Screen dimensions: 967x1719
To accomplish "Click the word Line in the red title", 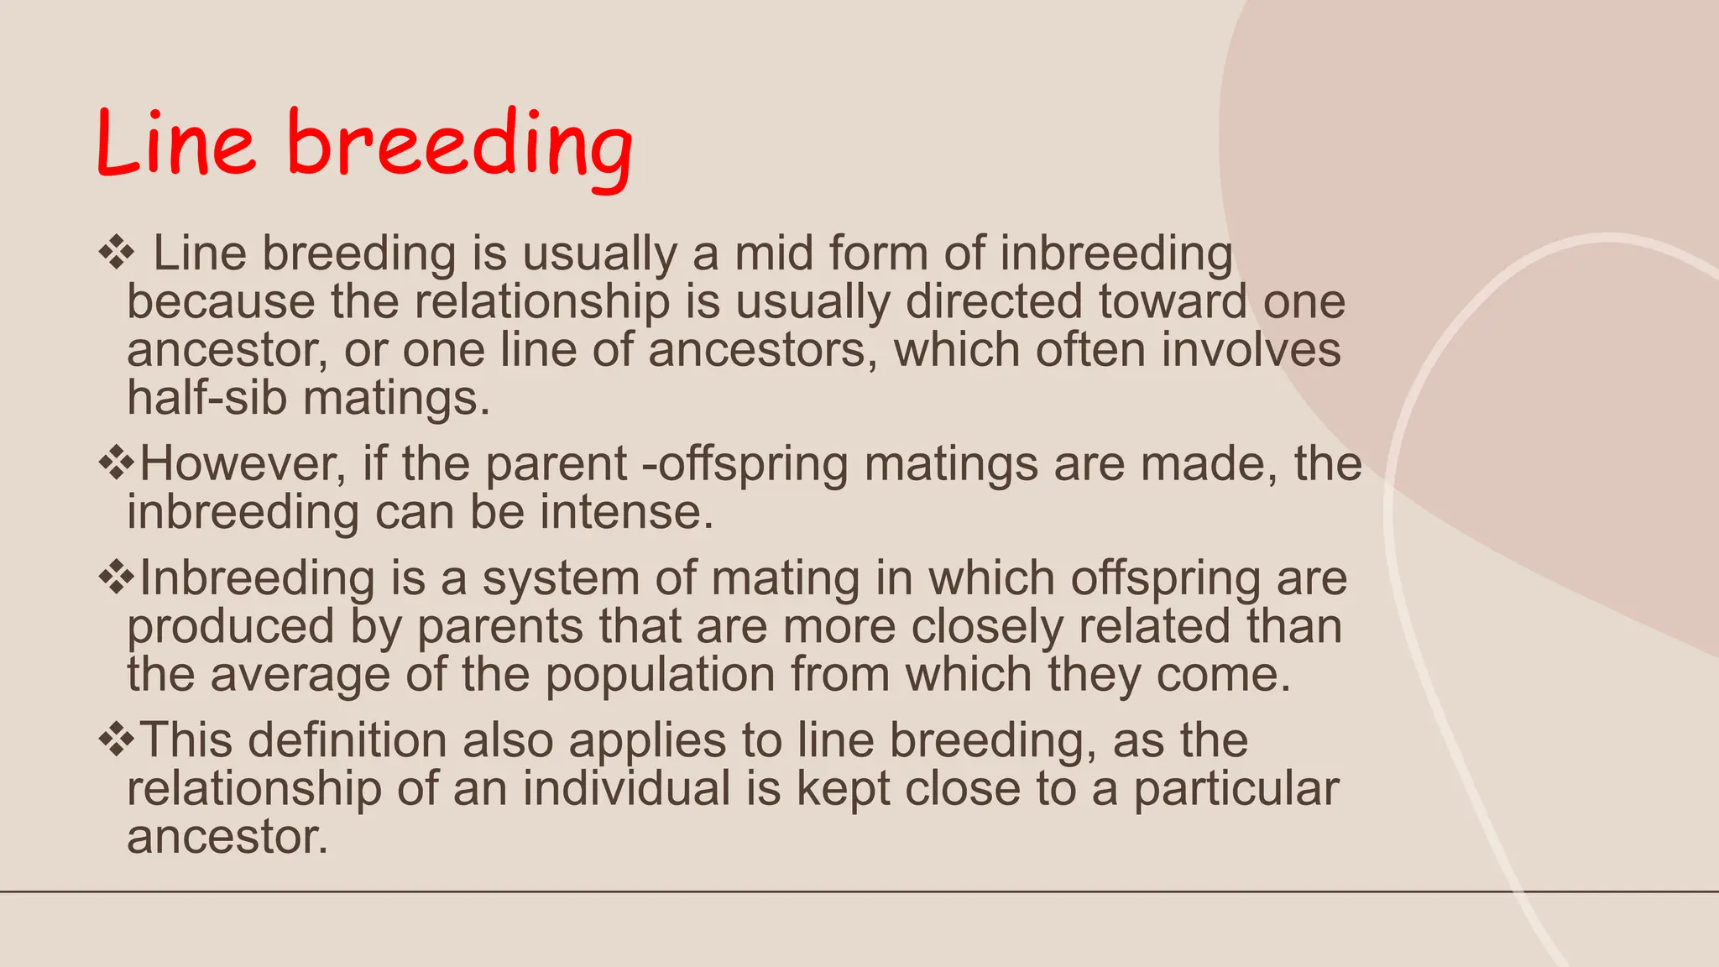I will point(175,144).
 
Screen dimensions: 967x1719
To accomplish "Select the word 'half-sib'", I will point(206,397).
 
